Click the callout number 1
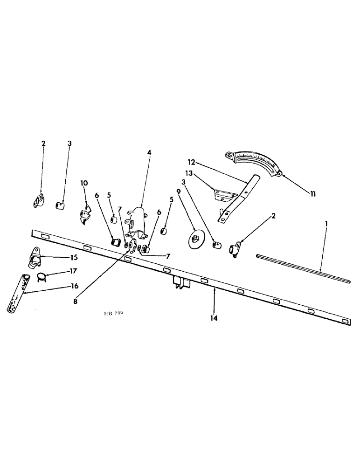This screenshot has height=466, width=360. point(326,224)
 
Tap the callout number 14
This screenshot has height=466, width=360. point(214,319)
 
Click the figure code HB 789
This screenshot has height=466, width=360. point(113,314)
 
